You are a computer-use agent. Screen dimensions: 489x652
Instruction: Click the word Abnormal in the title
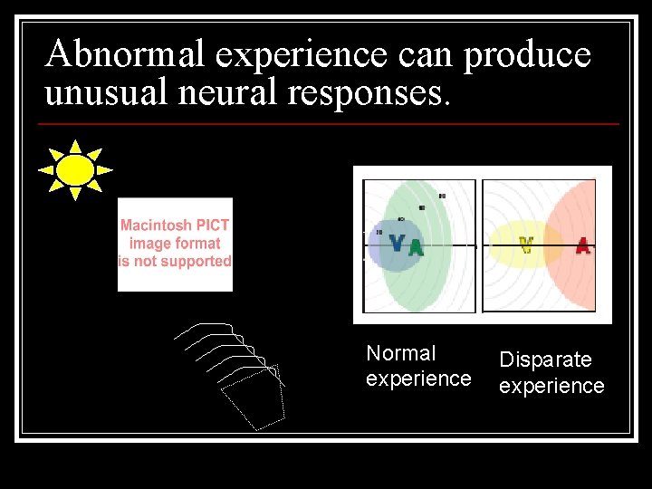coord(127,55)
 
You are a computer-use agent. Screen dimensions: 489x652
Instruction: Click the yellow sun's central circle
coord(75,169)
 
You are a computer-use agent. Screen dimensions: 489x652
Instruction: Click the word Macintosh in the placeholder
coord(155,225)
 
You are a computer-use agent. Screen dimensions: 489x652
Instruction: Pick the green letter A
coord(416,246)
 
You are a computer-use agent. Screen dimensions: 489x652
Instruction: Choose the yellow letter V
coord(525,244)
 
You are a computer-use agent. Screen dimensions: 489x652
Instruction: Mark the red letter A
coord(582,244)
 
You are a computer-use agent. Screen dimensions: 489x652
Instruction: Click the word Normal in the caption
coord(400,353)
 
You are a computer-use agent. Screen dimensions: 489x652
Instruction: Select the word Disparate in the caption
coord(545,360)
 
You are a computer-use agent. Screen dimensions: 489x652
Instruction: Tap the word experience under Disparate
coord(551,386)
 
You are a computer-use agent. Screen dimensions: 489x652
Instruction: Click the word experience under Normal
coord(418,379)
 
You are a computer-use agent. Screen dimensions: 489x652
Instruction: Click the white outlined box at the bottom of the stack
coord(254,398)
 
